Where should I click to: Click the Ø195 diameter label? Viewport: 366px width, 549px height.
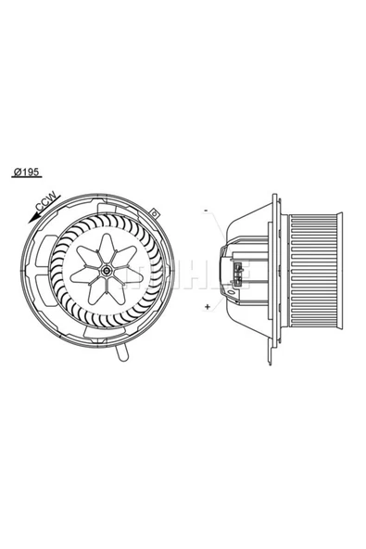[28, 172]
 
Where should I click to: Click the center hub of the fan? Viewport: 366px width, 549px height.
[108, 272]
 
